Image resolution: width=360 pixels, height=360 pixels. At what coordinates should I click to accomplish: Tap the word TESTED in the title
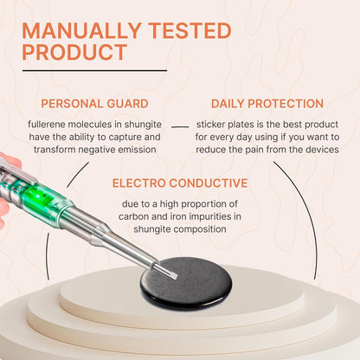(190, 30)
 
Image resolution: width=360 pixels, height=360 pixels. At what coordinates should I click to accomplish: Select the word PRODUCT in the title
(74, 52)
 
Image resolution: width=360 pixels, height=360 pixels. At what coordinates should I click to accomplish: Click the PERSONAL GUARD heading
(94, 104)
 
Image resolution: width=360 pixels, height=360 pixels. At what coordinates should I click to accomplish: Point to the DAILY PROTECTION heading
(267, 104)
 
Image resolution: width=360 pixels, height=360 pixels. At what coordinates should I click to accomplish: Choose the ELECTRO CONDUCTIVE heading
(180, 183)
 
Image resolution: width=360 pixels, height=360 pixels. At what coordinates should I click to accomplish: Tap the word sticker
(210, 125)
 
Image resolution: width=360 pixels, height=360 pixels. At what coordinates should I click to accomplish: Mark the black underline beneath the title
(94, 70)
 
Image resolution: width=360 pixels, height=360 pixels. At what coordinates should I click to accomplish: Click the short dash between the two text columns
(180, 126)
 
